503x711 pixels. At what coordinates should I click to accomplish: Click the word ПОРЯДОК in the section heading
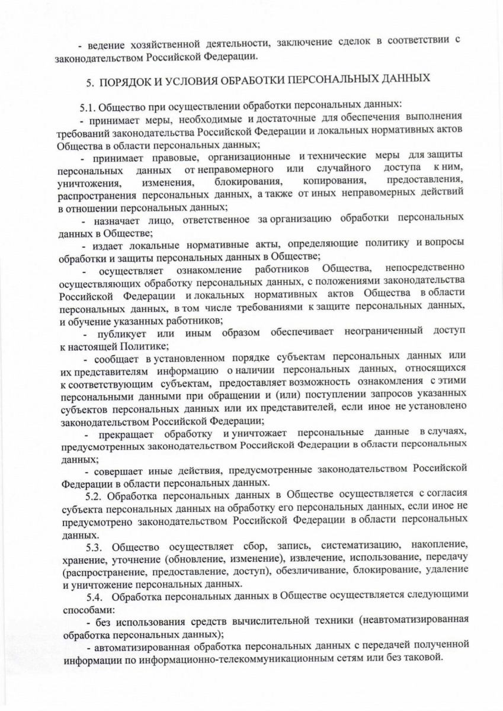point(126,80)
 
